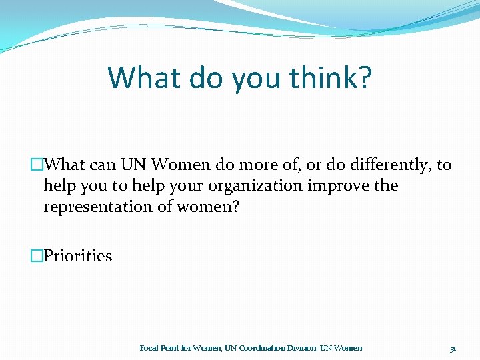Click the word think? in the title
pyautogui.click(x=331, y=78)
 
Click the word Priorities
pyautogui.click(x=78, y=256)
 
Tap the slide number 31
pyautogui.click(x=453, y=348)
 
